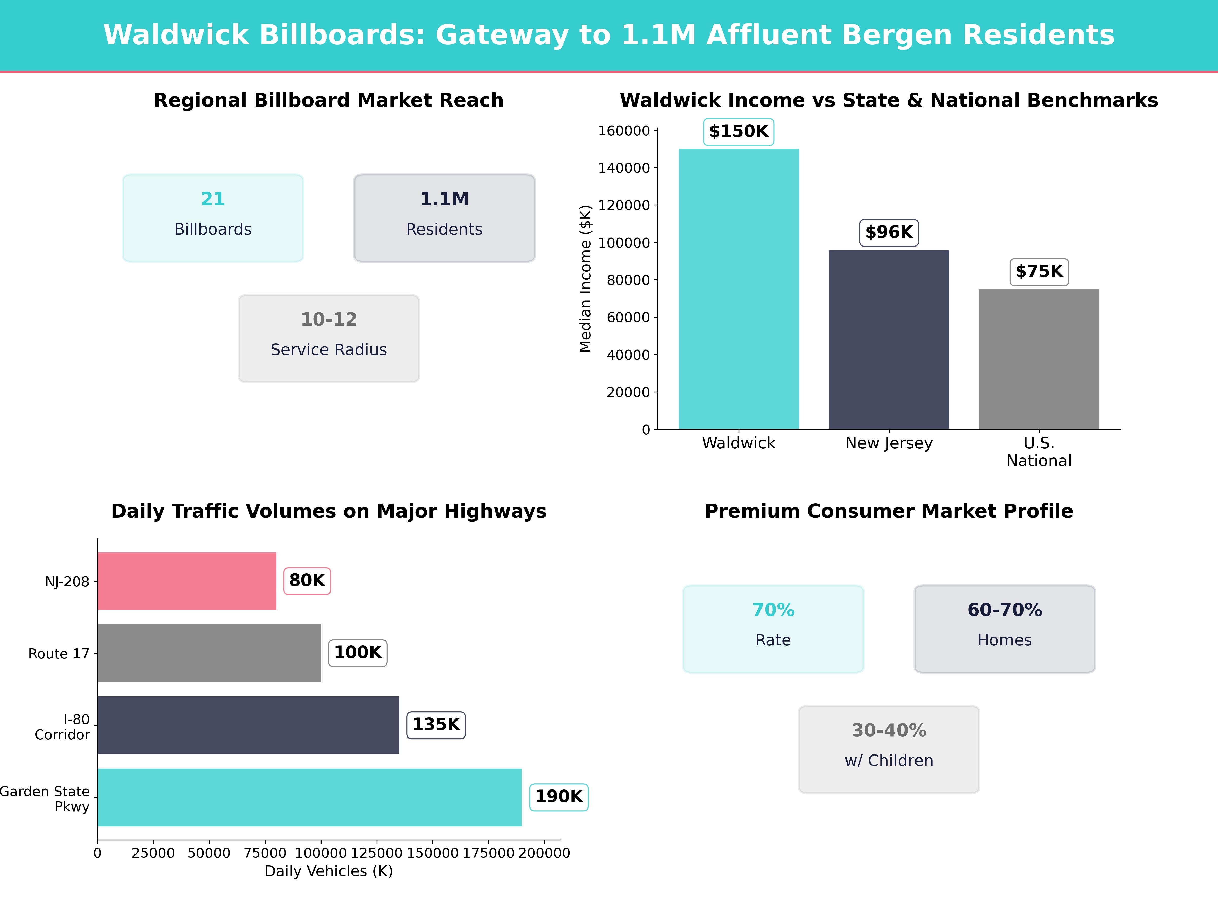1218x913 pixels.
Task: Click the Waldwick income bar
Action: pyautogui.click(x=738, y=289)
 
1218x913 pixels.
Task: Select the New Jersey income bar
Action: pyautogui.click(x=889, y=340)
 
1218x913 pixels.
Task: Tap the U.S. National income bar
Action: pyautogui.click(x=1039, y=359)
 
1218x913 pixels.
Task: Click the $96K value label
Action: pyautogui.click(x=889, y=232)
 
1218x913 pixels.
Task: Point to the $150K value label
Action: pyautogui.click(x=738, y=132)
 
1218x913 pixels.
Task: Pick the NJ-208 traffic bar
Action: pyautogui.click(x=187, y=581)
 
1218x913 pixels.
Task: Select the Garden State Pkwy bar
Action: pyautogui.click(x=310, y=797)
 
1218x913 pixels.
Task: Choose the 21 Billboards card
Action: pyautogui.click(x=213, y=218)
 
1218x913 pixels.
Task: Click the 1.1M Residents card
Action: pyautogui.click(x=444, y=218)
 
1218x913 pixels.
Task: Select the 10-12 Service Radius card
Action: pyautogui.click(x=329, y=339)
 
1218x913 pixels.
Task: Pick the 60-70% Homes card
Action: pyautogui.click(x=1004, y=628)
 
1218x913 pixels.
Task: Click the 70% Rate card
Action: pyautogui.click(x=773, y=628)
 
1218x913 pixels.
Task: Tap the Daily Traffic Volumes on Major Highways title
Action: pyautogui.click(x=329, y=511)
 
